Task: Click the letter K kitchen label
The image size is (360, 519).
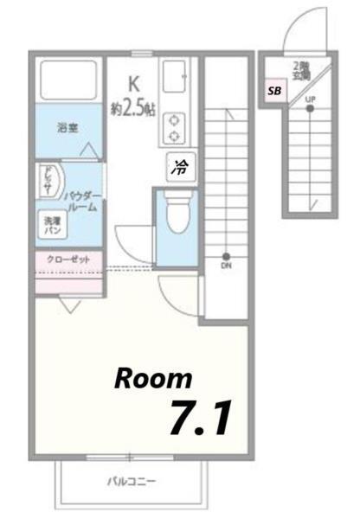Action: click(x=133, y=84)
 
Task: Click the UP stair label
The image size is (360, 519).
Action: click(x=310, y=99)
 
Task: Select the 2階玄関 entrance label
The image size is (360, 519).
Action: click(x=300, y=71)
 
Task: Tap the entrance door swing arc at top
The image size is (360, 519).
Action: click(x=296, y=35)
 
